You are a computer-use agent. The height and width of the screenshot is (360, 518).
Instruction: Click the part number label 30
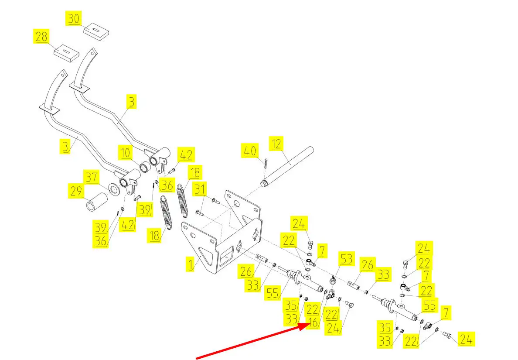tap(73, 19)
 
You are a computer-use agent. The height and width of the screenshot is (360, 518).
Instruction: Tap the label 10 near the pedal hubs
tap(126, 154)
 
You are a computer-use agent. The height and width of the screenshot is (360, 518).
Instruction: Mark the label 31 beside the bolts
tap(200, 190)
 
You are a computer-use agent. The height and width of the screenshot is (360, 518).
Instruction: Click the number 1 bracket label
tap(191, 264)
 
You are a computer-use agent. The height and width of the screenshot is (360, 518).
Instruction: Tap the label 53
tap(346, 260)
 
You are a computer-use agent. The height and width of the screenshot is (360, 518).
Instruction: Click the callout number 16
tap(312, 322)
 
